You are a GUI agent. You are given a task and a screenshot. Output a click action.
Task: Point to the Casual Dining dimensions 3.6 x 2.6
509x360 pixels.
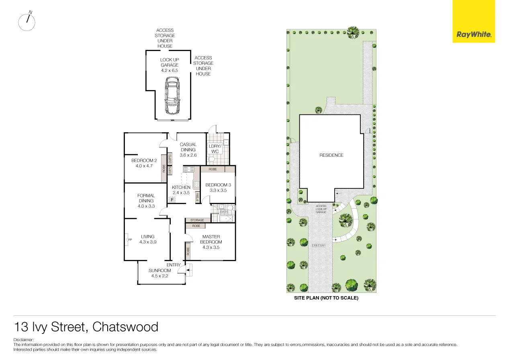[188, 155]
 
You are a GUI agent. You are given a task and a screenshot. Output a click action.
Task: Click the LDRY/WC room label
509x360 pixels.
[215, 149]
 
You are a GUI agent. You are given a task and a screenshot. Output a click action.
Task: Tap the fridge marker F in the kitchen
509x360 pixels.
[172, 199]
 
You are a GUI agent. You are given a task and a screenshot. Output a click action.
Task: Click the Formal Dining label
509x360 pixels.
[146, 198]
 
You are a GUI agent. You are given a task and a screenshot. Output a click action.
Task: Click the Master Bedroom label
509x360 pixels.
[211, 239]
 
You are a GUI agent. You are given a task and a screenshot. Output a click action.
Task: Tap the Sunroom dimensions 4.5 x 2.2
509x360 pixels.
[159, 276]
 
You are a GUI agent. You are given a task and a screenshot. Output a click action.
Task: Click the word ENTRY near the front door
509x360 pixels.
[174, 265]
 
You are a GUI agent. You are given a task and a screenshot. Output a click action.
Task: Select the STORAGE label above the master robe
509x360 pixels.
[197, 220]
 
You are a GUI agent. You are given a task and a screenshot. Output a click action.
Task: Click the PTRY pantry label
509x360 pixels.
[197, 197]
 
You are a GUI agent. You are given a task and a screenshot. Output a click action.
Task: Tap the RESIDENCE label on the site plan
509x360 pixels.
[331, 155]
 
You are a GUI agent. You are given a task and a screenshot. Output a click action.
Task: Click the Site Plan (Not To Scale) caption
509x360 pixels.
[326, 298]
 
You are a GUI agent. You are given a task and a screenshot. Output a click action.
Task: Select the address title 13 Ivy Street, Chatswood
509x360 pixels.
[86, 327]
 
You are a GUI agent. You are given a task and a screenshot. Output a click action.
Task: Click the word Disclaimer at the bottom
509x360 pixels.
[23, 340]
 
